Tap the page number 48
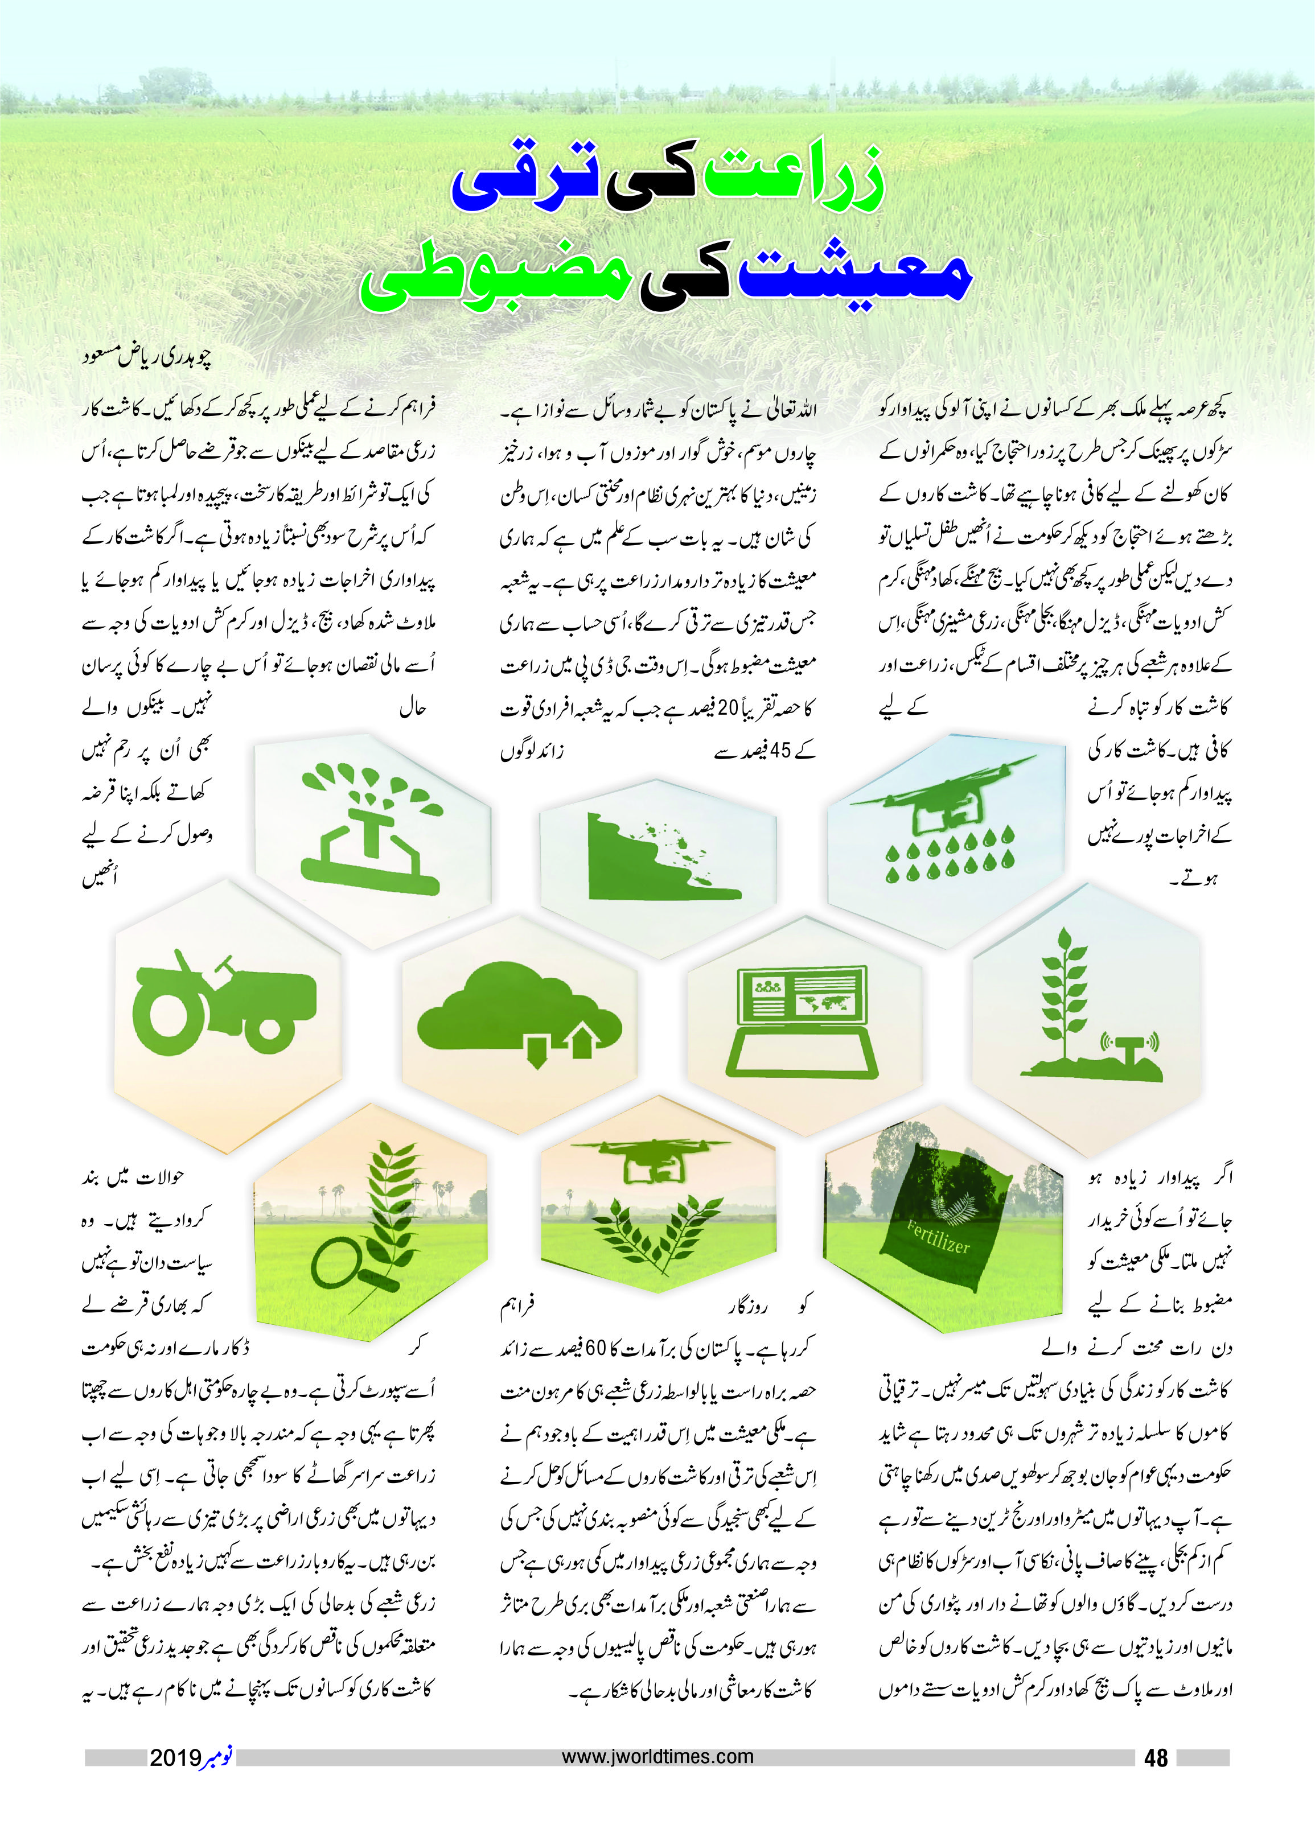tap(1156, 1757)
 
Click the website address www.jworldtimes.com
tap(657, 1757)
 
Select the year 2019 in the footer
tap(175, 1757)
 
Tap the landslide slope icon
tap(657, 859)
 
